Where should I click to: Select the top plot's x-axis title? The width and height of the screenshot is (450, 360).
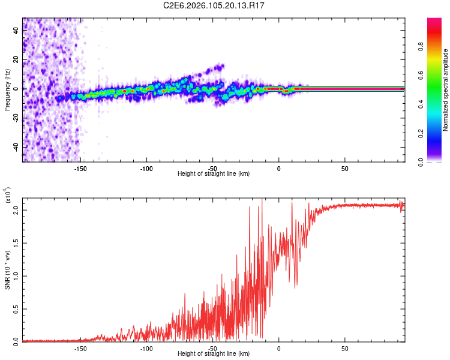214,173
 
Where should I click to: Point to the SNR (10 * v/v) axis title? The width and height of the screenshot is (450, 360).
7,269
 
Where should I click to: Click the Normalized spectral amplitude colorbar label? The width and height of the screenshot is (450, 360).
445,90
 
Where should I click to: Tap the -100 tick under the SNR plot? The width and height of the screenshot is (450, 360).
146,348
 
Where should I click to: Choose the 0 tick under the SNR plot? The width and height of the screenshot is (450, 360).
278,348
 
